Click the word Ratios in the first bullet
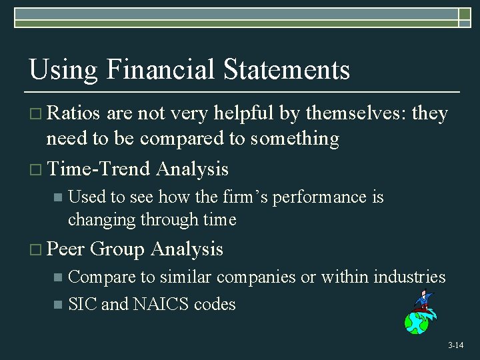(x=73, y=114)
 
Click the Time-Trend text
(x=99, y=169)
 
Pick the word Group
(x=117, y=249)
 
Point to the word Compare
(x=101, y=277)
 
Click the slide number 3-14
(x=455, y=345)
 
